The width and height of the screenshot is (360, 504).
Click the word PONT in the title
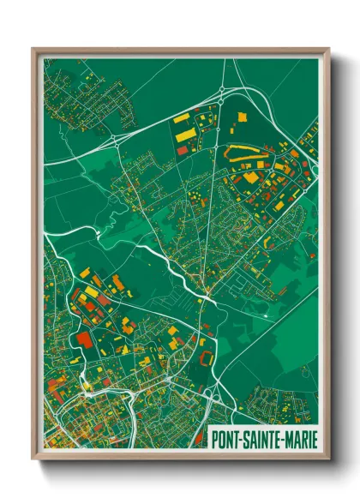pos(227,437)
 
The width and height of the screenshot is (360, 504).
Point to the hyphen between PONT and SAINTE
pos(243,437)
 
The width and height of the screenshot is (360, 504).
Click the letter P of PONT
pos(216,437)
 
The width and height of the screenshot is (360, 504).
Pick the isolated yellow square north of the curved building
pos(240,117)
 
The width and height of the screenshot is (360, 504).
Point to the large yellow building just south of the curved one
pos(250,177)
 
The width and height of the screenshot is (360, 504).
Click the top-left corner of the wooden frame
pos(33,48)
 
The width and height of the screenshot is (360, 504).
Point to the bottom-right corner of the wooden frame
pos(328,460)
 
